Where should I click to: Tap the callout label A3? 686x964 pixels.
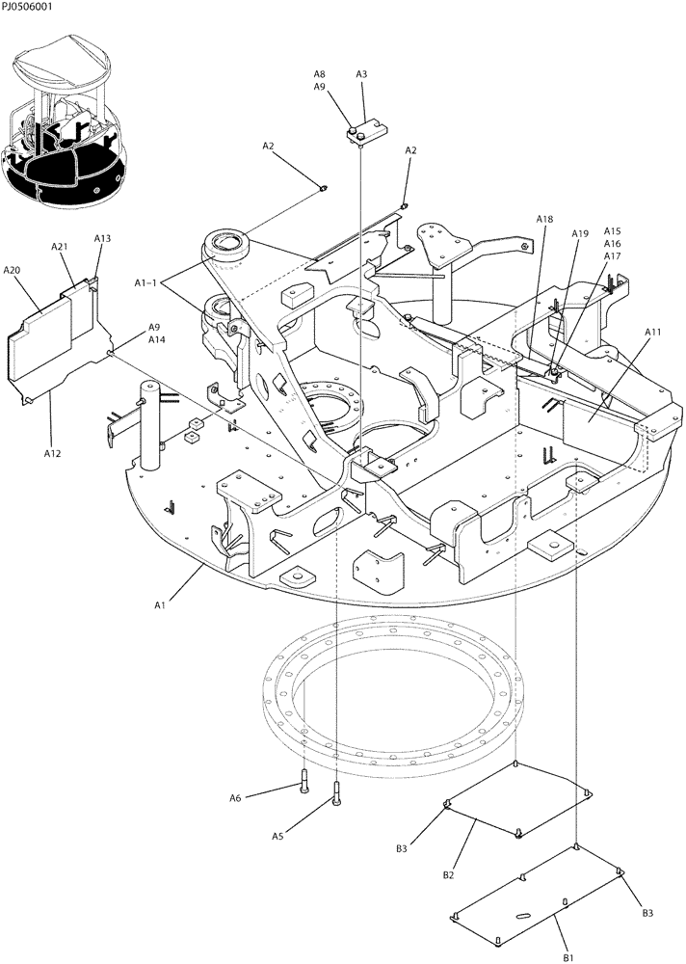[x=361, y=74]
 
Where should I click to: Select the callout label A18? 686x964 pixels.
[x=544, y=220]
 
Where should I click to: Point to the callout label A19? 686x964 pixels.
[x=579, y=234]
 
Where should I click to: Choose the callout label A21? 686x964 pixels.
[x=59, y=248]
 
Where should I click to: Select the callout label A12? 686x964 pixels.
[x=52, y=452]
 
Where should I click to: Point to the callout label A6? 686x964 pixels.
[x=235, y=797]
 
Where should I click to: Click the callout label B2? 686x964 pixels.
[x=448, y=874]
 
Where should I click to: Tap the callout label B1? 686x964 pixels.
[x=568, y=957]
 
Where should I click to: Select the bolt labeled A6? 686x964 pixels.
[x=303, y=784]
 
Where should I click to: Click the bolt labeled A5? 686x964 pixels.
[x=335, y=794]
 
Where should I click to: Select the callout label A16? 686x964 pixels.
[x=613, y=244]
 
